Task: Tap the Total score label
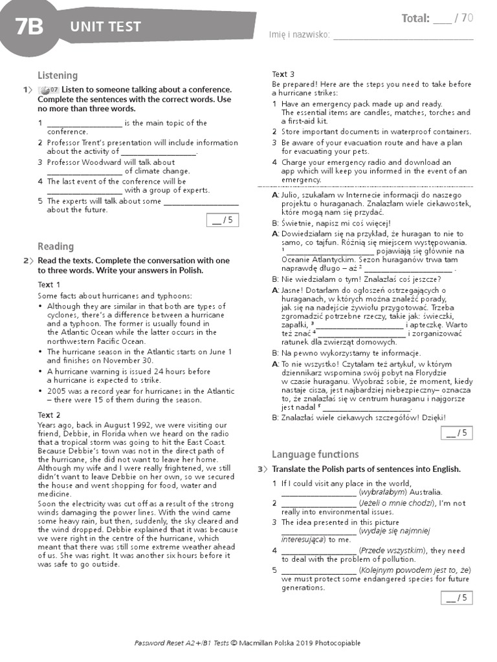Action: point(415,18)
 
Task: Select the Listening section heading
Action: point(58,75)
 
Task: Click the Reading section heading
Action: point(56,246)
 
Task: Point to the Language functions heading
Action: point(315,454)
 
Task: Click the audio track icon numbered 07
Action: point(49,90)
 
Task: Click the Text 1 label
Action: point(49,284)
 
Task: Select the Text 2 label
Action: point(49,414)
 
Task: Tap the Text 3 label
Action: point(283,74)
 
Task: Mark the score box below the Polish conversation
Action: point(457,432)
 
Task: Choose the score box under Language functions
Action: point(457,598)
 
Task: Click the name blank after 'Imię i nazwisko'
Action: point(403,36)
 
